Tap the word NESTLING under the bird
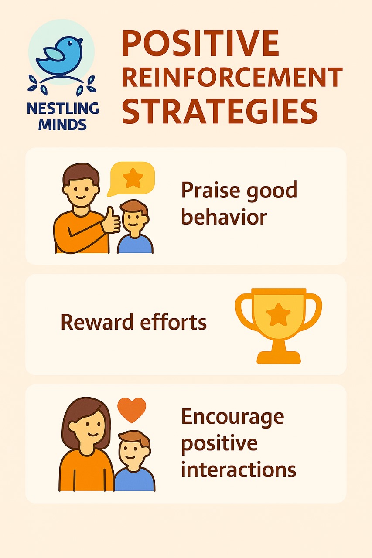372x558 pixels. coord(63,109)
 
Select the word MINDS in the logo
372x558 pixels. coord(62,124)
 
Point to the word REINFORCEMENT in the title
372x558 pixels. coord(232,76)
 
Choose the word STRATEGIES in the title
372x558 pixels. coord(220,110)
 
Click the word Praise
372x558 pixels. coord(210,191)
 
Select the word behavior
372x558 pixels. coord(224,217)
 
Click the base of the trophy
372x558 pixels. coord(279,357)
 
